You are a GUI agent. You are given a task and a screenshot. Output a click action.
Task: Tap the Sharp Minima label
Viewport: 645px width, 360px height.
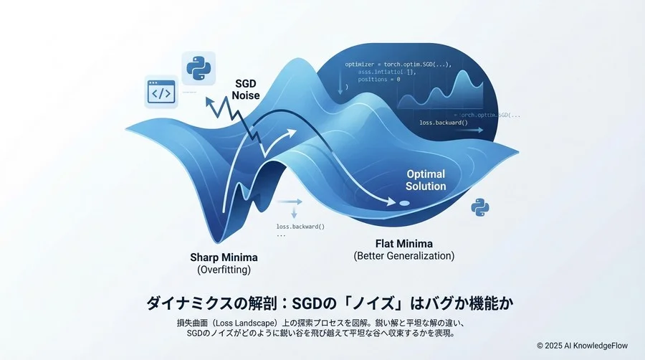point(224,257)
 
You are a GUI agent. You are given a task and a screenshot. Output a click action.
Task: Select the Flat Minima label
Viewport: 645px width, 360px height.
point(403,243)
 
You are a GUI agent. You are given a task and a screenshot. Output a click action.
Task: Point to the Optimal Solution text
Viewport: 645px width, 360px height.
point(426,180)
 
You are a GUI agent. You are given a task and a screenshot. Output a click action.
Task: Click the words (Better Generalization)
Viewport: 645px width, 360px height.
point(404,256)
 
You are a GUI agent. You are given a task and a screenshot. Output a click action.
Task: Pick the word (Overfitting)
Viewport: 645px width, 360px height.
point(224,270)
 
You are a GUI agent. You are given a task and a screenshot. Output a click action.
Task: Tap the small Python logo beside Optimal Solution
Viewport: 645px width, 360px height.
point(479,208)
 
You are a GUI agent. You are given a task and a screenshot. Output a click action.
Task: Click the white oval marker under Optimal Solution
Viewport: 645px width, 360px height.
point(405,204)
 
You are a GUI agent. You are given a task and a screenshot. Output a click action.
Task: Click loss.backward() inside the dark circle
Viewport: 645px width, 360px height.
point(443,123)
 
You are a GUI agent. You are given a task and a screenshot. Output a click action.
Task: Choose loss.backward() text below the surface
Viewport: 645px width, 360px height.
point(300,227)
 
